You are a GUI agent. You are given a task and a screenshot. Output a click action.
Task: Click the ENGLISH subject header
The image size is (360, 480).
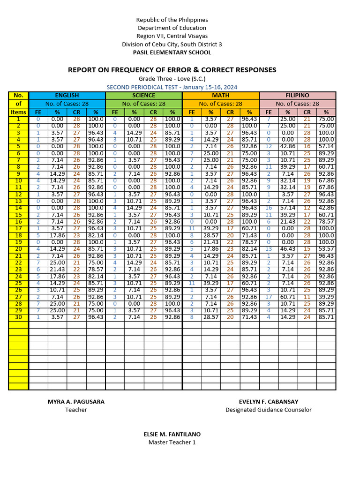(x=67, y=95)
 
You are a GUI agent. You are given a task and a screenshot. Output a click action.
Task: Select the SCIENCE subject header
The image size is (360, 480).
(x=143, y=95)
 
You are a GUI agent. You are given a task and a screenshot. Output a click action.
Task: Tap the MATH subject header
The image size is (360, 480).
(x=220, y=95)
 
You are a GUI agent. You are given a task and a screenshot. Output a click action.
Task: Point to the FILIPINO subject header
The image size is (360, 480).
(x=297, y=95)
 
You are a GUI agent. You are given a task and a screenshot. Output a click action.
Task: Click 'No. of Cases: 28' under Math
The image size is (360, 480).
(x=220, y=104)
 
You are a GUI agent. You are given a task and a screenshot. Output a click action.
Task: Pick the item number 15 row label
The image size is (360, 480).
(x=18, y=215)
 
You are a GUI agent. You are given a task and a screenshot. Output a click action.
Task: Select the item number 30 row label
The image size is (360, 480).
(x=18, y=317)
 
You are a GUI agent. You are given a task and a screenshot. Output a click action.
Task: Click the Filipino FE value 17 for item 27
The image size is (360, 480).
(x=269, y=297)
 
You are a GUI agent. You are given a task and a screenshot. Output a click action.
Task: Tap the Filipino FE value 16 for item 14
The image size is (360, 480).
(x=269, y=208)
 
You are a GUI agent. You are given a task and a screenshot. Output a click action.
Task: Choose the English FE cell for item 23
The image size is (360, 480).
(x=38, y=270)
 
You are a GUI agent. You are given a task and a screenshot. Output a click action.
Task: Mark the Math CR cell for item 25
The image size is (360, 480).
(x=230, y=283)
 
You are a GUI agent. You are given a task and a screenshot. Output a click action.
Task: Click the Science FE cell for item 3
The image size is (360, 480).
(x=115, y=133)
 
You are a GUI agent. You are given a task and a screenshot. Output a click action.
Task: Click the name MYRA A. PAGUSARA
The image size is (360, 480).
(x=76, y=402)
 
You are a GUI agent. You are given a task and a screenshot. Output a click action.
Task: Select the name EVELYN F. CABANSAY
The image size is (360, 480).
(x=268, y=402)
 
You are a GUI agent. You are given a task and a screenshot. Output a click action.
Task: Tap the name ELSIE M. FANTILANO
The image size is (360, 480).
(x=172, y=434)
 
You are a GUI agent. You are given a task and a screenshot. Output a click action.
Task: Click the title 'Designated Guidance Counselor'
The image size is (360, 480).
(x=268, y=410)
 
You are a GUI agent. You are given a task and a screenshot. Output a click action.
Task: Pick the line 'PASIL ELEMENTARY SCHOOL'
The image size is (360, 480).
(x=172, y=52)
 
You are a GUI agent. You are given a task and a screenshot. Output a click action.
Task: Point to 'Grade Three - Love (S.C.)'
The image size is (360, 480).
(x=172, y=79)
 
